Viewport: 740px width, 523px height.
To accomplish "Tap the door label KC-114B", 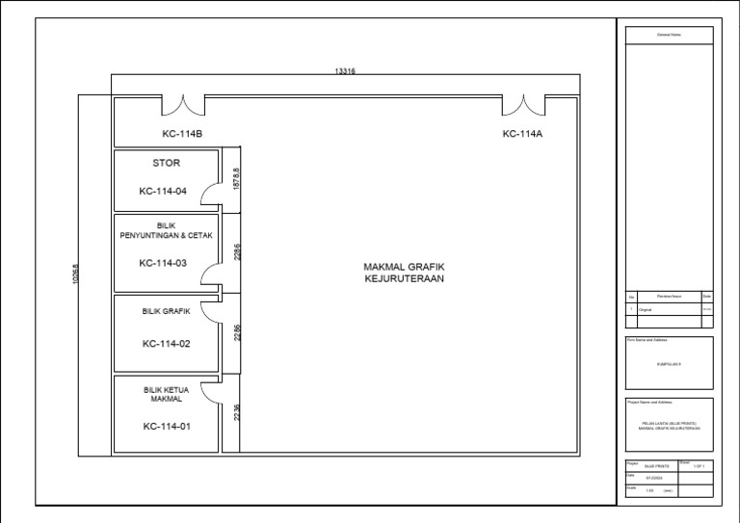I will tap(181, 134).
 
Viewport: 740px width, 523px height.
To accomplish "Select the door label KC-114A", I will tap(522, 134).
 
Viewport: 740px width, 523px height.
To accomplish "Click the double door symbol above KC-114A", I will tap(525, 104).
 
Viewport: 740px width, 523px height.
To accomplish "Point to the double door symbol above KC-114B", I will tap(182, 104).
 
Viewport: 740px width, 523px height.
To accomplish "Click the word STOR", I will tap(166, 163).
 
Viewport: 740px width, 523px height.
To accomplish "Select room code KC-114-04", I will tap(163, 191).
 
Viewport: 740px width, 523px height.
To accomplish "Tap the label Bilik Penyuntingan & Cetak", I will tap(166, 230).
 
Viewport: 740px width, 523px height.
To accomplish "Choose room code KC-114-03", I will tap(163, 263).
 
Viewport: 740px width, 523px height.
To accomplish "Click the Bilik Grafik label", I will tap(166, 312).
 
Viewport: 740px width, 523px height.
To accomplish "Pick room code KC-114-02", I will tap(166, 343).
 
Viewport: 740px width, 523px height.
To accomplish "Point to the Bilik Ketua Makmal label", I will tap(166, 394).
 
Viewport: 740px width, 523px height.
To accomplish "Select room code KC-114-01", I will tap(166, 426).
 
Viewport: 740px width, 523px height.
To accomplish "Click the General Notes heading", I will tap(669, 36).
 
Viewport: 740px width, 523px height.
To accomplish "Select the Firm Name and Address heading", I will tap(647, 340).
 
